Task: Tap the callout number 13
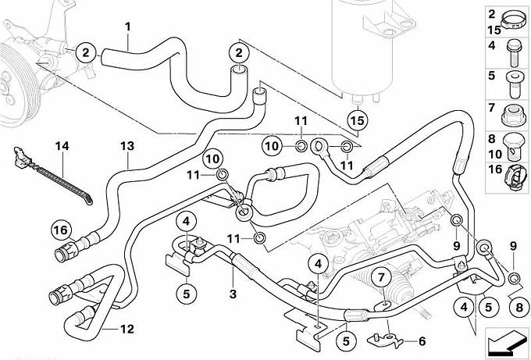click(x=127, y=146)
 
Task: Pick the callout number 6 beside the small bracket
click(x=422, y=340)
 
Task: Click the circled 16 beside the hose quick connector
click(x=61, y=229)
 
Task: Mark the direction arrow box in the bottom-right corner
click(x=505, y=342)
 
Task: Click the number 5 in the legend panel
click(x=493, y=77)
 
